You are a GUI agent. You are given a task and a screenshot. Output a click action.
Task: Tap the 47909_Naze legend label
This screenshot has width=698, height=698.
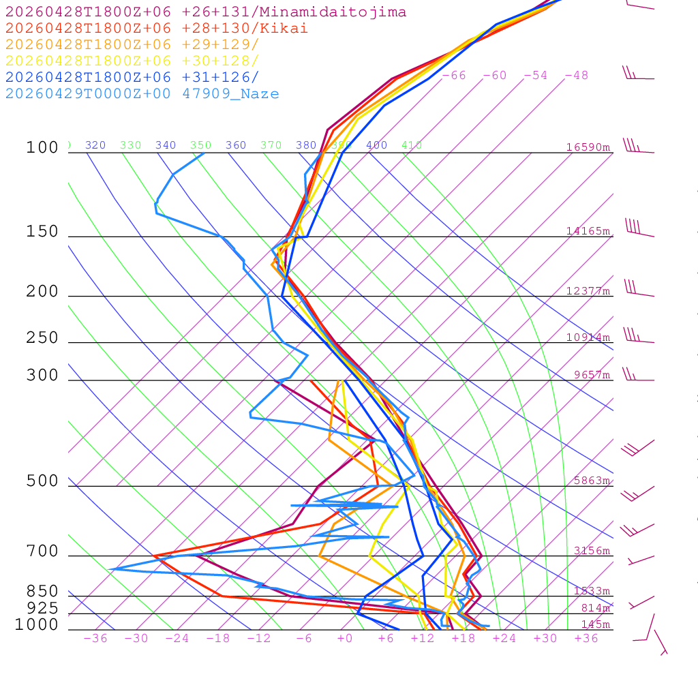point(230,94)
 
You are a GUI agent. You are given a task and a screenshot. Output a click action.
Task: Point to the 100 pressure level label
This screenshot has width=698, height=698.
point(42,147)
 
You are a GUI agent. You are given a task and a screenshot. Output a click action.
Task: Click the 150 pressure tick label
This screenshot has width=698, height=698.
point(42,232)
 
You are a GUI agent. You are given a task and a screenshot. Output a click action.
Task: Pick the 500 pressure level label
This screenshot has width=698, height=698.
point(42,481)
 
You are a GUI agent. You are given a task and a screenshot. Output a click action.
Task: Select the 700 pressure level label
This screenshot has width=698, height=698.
point(42,551)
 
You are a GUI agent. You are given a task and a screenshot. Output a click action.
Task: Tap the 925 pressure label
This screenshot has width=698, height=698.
point(42,607)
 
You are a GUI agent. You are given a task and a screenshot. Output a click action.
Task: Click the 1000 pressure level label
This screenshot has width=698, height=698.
point(37,624)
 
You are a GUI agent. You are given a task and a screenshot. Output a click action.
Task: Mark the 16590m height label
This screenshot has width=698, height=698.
point(588,147)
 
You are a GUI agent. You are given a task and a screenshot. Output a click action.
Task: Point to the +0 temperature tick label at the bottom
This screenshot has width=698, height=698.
point(345,638)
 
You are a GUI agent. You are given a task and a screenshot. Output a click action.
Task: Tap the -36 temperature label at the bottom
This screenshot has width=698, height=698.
point(95,638)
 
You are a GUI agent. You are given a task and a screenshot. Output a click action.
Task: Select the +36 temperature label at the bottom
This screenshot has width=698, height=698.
point(586,638)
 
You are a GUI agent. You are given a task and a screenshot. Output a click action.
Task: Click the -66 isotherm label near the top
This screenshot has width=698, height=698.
point(453,76)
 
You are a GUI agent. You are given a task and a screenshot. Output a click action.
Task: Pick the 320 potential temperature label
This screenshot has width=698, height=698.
point(95,145)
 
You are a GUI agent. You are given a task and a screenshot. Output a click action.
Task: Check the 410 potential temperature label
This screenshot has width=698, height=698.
point(411,145)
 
